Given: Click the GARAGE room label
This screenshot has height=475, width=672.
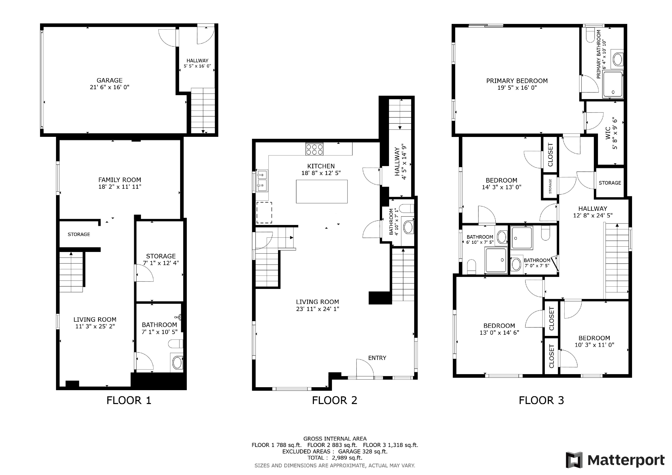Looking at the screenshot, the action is [x=109, y=80].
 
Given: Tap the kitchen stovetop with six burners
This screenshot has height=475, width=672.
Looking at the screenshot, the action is [x=314, y=149].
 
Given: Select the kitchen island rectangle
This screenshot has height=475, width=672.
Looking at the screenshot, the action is [x=322, y=192].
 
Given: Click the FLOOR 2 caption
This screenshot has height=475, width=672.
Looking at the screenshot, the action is [x=334, y=400].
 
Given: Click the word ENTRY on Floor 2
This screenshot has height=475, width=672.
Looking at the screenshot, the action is [x=377, y=358].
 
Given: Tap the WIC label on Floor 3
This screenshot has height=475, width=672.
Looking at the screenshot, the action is [x=608, y=133].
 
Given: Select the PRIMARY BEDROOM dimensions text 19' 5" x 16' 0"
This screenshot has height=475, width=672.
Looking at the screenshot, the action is [x=517, y=88].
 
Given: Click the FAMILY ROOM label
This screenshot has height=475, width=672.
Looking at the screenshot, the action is [x=120, y=180].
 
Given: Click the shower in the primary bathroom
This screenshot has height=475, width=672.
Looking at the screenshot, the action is [x=613, y=85].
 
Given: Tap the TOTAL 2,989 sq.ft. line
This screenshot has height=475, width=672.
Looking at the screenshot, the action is [x=334, y=458].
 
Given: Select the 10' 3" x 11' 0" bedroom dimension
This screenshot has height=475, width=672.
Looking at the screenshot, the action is [x=594, y=345].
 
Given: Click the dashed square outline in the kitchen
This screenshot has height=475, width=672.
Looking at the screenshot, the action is [x=264, y=213].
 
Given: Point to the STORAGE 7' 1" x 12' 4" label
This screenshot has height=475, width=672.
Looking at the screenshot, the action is [x=161, y=259].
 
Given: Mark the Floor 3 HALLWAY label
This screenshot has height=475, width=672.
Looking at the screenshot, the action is [x=593, y=209].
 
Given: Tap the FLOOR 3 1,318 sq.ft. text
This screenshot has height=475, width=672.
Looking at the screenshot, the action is [x=390, y=445].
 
